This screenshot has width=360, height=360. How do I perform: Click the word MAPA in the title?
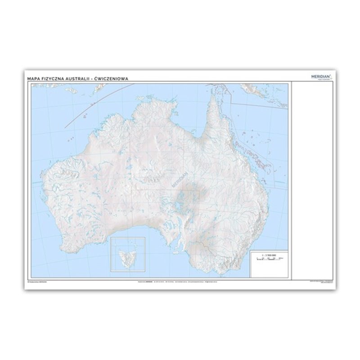(x=33, y=78)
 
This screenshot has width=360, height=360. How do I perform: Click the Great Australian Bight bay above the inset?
(x=130, y=229)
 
